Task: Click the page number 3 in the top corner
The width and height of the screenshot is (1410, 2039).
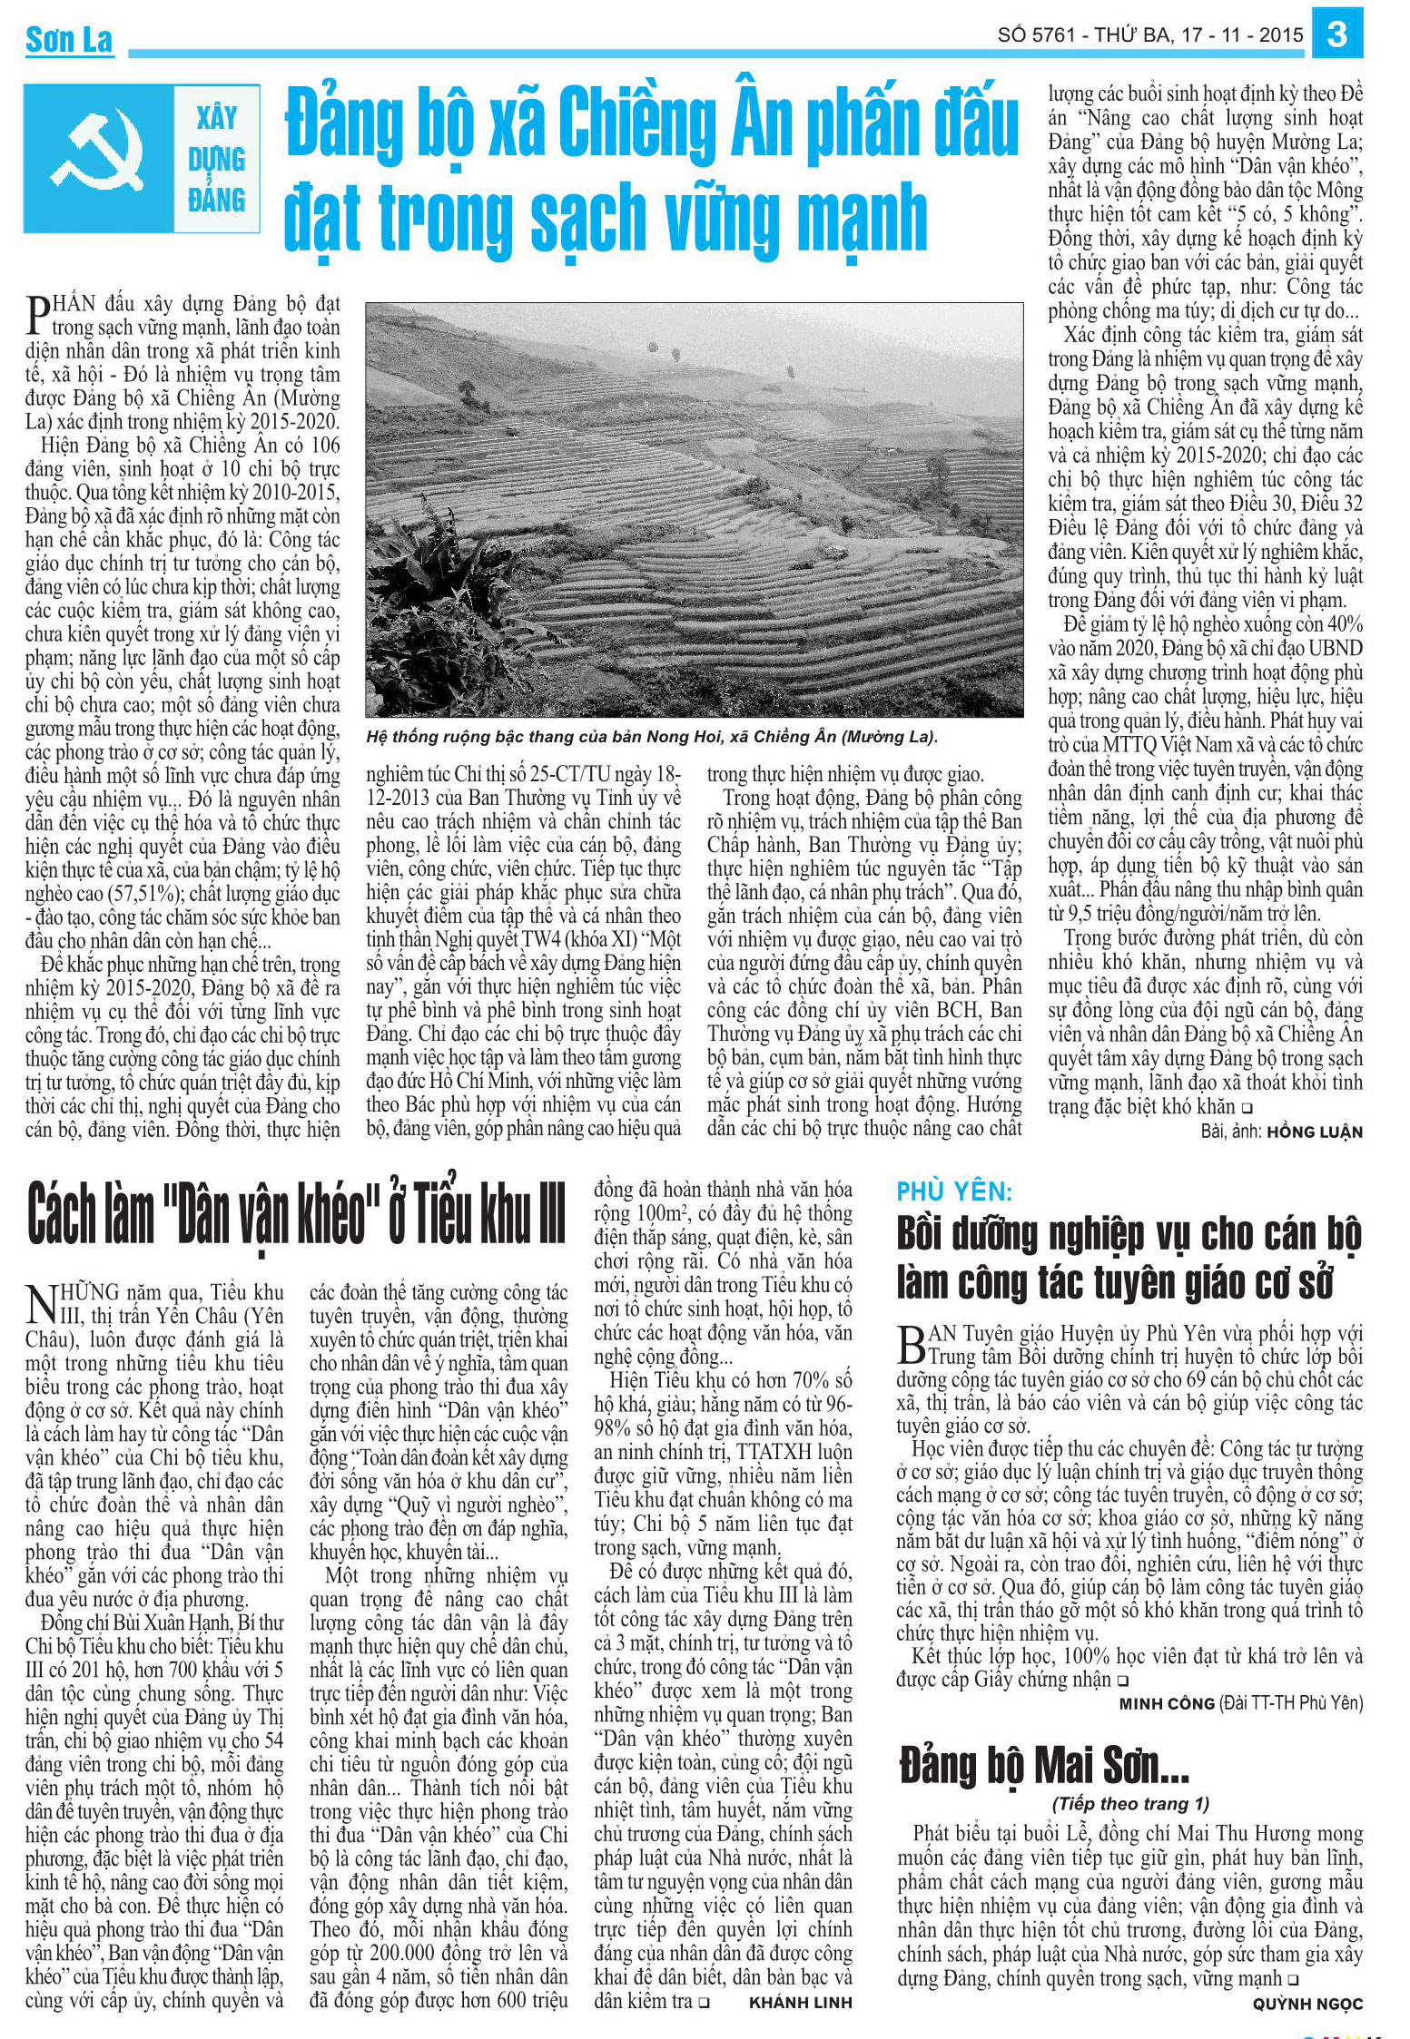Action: [1336, 34]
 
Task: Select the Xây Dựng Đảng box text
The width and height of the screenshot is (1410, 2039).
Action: [216, 159]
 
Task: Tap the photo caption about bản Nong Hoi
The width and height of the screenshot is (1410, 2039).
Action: [651, 737]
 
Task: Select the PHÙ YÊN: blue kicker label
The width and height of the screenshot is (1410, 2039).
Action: [954, 1191]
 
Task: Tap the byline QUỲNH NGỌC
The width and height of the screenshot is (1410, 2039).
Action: [1307, 2003]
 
